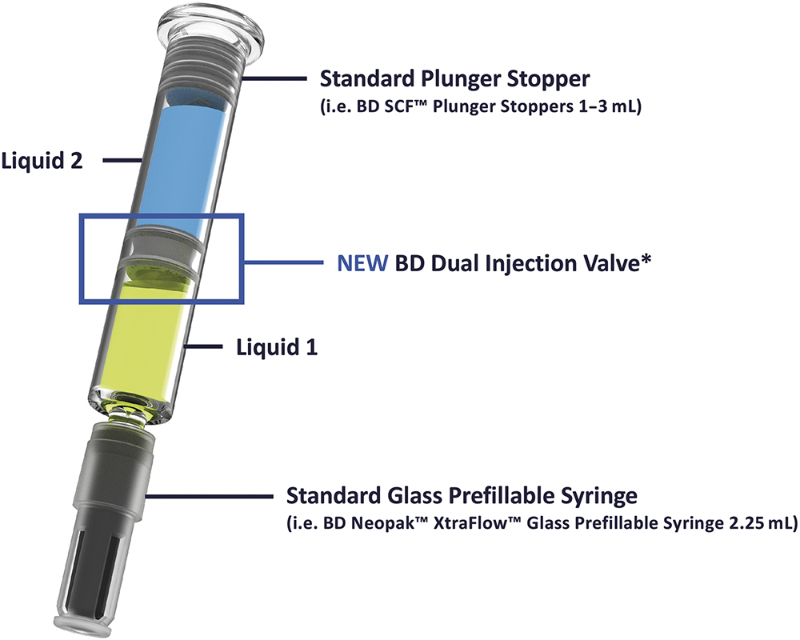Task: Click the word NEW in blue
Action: (362, 263)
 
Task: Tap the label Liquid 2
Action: (42, 161)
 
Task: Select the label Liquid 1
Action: (277, 347)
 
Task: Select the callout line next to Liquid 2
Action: (122, 160)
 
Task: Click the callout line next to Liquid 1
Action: (203, 346)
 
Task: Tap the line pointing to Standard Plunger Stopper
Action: (274, 78)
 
